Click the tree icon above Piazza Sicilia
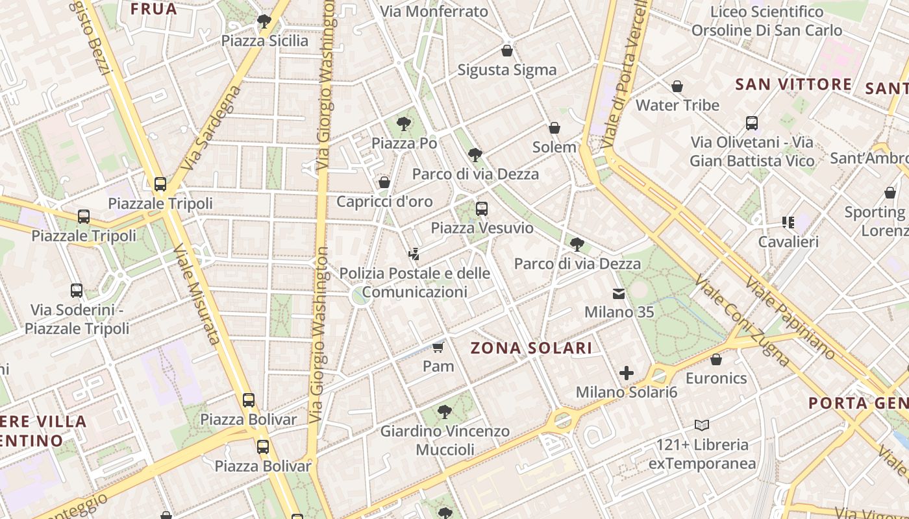pos(264,21)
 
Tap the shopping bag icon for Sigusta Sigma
pos(507,51)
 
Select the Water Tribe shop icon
pos(677,86)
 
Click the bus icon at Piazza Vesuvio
pos(481,209)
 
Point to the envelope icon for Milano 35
pos(619,294)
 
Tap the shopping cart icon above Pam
pos(438,348)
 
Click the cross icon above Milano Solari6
pos(627,373)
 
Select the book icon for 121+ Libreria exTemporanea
pos(702,426)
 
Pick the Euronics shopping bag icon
pos(716,359)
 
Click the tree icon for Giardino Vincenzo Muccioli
pos(445,411)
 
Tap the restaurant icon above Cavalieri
pos(788,223)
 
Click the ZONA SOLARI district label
pos(531,348)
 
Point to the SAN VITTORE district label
pos(793,84)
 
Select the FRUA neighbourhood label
pos(154,9)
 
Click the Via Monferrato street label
pos(434,12)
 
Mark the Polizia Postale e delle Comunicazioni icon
pos(414,254)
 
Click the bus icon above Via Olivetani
pos(752,123)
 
